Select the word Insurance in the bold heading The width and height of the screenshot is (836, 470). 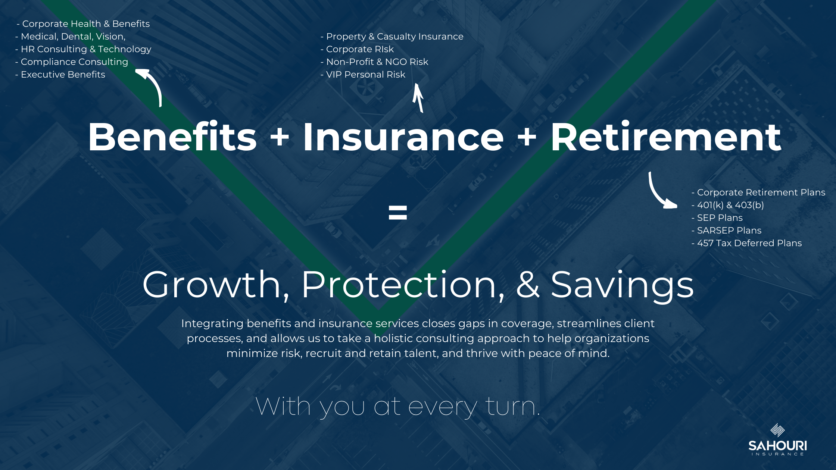coord(403,137)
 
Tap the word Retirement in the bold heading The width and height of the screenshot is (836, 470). coord(666,137)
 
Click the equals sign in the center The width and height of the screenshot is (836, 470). coord(398,212)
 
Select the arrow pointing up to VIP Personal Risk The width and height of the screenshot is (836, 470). coord(418,98)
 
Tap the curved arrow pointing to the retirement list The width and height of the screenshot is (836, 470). coord(658,194)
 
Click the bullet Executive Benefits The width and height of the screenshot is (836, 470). coord(60,75)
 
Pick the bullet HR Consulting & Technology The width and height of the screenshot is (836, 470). coord(83,49)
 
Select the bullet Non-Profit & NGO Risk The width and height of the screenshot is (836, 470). coord(374,62)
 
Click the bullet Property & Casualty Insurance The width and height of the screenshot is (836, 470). coord(392,37)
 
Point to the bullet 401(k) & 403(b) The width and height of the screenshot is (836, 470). coord(728,205)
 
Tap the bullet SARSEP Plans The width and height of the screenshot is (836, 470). coord(726,231)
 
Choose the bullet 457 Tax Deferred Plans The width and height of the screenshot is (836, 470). coord(746,243)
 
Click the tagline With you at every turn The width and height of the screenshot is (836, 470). coord(398,407)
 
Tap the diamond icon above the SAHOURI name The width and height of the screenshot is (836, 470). coord(777,430)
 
